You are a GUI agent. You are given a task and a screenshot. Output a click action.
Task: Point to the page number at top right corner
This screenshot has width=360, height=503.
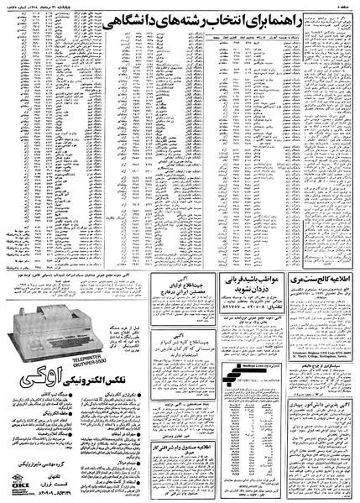343,6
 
